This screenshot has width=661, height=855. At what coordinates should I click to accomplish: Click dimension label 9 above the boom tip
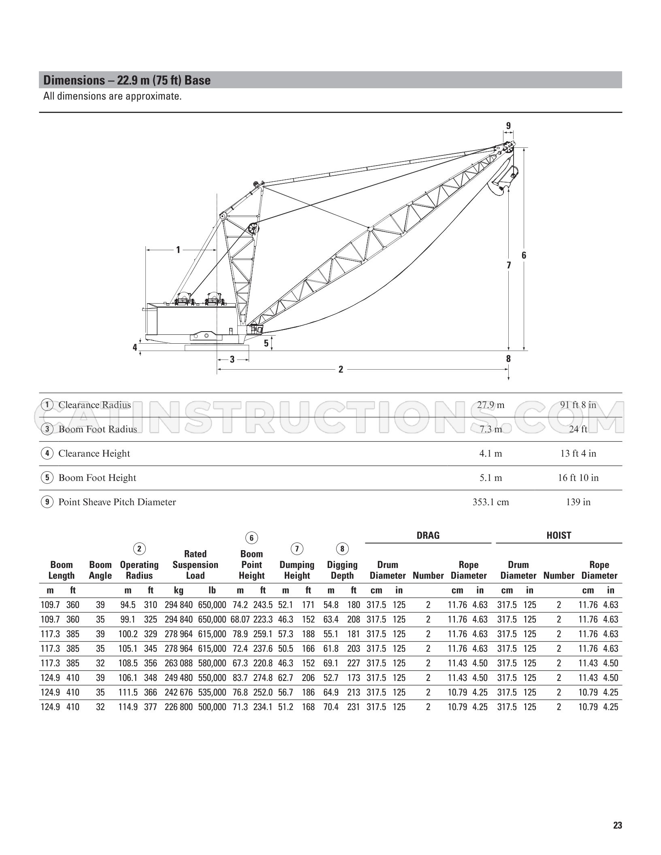pos(508,125)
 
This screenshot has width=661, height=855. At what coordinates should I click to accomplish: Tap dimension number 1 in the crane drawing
pos(178,250)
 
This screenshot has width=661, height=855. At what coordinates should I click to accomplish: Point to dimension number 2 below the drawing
pos(341,369)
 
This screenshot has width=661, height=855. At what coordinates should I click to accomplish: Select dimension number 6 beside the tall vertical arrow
pos(524,255)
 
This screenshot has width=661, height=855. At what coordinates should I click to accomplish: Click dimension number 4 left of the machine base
pos(135,347)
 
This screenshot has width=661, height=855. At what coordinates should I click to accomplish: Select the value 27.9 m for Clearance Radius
pos(490,405)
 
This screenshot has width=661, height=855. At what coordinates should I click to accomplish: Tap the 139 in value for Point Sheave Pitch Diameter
pos(578,502)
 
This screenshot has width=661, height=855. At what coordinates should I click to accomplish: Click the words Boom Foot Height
pos(97,478)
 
